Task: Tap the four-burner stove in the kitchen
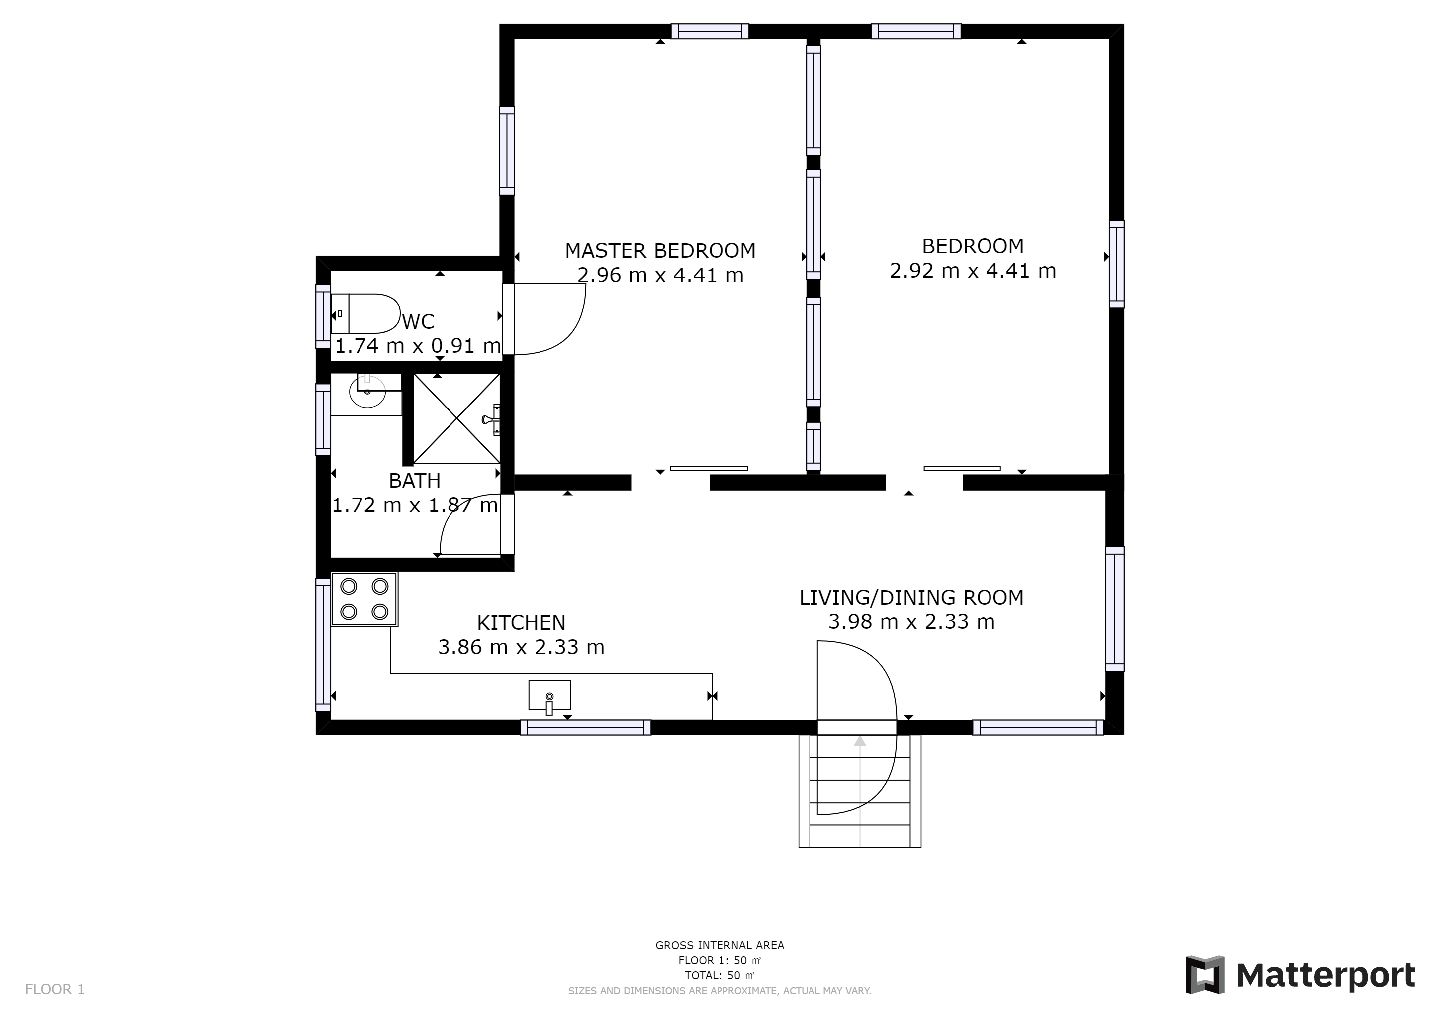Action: pyautogui.click(x=364, y=599)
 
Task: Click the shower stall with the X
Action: pyautogui.click(x=456, y=418)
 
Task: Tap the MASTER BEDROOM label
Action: pyautogui.click(x=660, y=250)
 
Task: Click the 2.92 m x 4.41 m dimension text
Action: pyautogui.click(x=973, y=271)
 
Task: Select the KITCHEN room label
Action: pyautogui.click(x=521, y=622)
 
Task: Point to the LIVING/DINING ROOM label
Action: pyautogui.click(x=911, y=598)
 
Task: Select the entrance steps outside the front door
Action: pyautogui.click(x=860, y=791)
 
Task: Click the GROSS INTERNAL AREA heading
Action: pyautogui.click(x=720, y=945)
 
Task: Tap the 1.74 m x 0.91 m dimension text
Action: pyautogui.click(x=418, y=346)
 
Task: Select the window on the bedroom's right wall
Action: pyautogui.click(x=1116, y=264)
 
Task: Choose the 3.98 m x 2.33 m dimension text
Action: pyautogui.click(x=911, y=622)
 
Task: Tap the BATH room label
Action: pyautogui.click(x=415, y=481)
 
